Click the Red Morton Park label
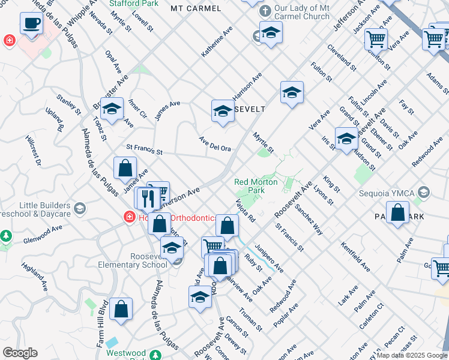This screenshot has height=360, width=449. pyautogui.click(x=256, y=186)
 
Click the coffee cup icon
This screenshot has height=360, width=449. pyautogui.click(x=31, y=23)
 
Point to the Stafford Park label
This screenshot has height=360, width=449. pyautogui.click(x=133, y=3)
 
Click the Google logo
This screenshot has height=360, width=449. pyautogui.click(x=20, y=353)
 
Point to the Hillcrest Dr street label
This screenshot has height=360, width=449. pyautogui.click(x=34, y=150)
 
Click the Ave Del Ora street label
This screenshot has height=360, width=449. pyautogui.click(x=215, y=144)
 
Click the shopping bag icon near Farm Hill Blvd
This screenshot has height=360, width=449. pyautogui.click(x=121, y=309)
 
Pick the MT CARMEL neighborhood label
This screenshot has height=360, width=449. pyautogui.click(x=191, y=8)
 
